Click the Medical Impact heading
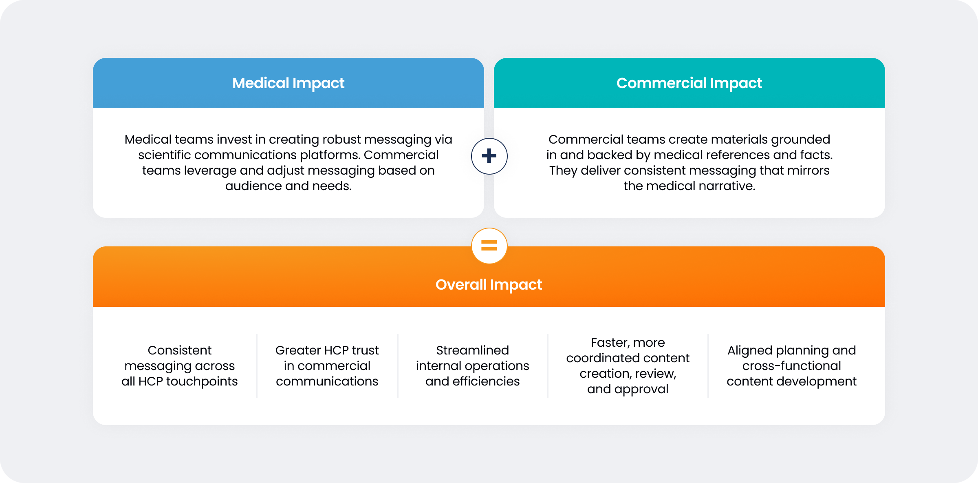(x=288, y=83)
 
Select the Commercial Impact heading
(x=689, y=83)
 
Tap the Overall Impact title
(x=489, y=285)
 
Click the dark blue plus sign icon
(x=489, y=156)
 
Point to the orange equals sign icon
(x=489, y=246)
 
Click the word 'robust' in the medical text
(x=341, y=140)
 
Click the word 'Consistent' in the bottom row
(x=179, y=350)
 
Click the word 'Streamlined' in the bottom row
(x=472, y=350)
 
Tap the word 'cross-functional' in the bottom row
(x=791, y=366)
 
